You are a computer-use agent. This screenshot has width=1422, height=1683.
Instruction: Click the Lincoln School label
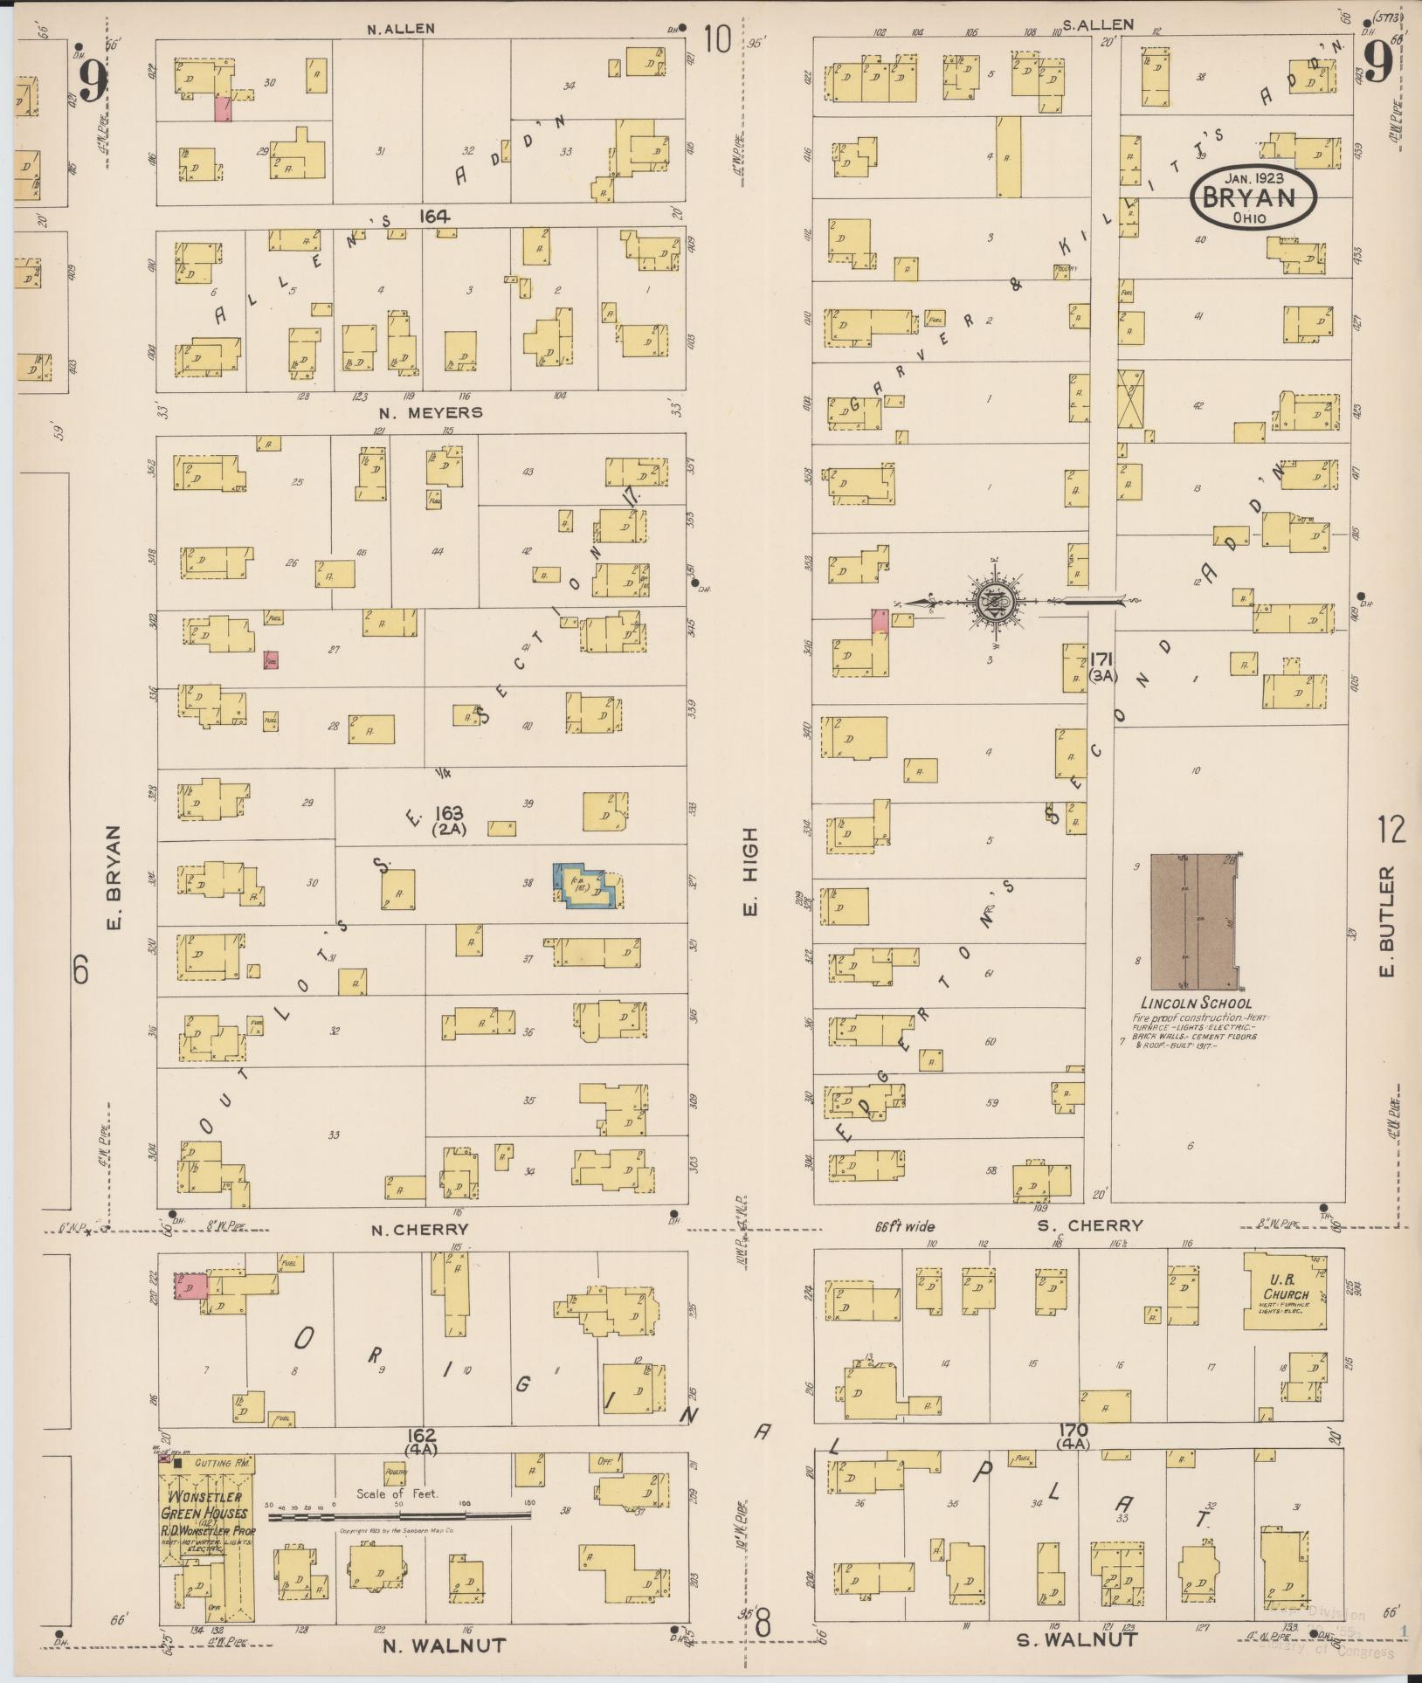click(x=1196, y=1004)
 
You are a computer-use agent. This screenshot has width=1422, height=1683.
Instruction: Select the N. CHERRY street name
click(x=419, y=1229)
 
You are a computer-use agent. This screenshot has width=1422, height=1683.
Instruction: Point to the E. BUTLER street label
click(x=1389, y=921)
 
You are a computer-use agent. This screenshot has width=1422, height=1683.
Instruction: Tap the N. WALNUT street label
click(x=445, y=1645)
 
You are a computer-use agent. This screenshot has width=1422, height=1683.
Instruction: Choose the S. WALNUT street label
click(x=1077, y=1639)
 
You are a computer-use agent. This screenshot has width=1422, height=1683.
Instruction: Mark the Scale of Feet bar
click(x=398, y=1518)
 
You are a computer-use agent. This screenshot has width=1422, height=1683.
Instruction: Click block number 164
click(x=433, y=216)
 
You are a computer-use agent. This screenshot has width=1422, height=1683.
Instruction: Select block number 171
click(x=1102, y=659)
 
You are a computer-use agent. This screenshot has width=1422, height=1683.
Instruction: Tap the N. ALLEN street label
click(x=400, y=29)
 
